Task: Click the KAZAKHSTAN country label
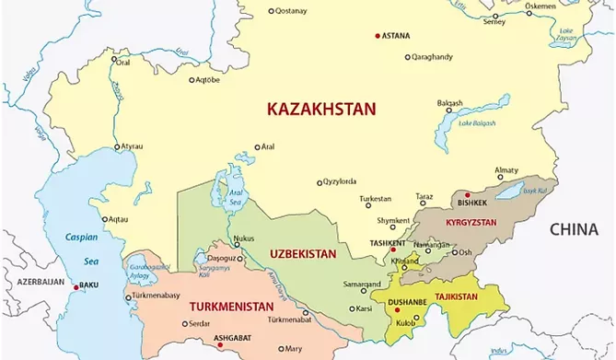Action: tap(321, 109)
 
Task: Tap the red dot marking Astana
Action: tap(378, 36)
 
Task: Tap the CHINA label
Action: tap(574, 230)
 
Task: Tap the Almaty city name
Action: tap(506, 170)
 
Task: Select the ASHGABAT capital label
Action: tap(233, 337)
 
